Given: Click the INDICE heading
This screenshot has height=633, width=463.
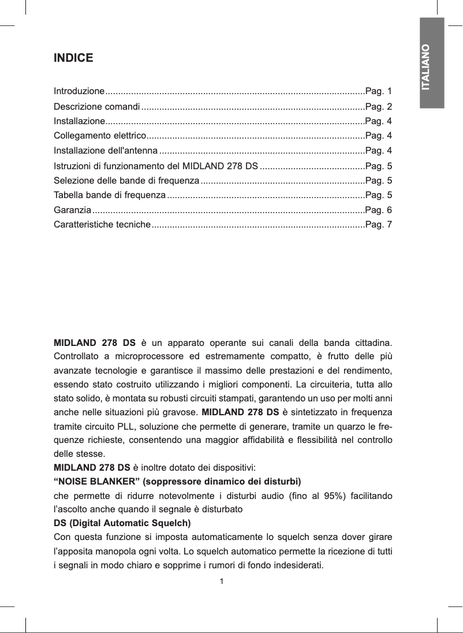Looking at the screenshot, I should coord(73,58).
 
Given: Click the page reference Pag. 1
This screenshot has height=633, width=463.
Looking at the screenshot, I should coord(379,92).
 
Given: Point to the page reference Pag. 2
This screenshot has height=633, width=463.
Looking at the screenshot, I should coord(379,107).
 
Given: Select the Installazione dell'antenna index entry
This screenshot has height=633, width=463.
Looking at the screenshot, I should coord(106,151).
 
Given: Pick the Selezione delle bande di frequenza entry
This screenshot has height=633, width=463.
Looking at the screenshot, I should coord(126,180).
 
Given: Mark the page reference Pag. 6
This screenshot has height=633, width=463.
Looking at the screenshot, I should coord(379,210).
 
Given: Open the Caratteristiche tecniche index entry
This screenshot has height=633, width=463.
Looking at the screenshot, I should coord(102,224).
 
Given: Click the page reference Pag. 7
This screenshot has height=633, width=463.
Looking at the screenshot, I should coord(379,224).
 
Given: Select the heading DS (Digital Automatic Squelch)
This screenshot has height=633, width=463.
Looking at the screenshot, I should coord(122,523).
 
